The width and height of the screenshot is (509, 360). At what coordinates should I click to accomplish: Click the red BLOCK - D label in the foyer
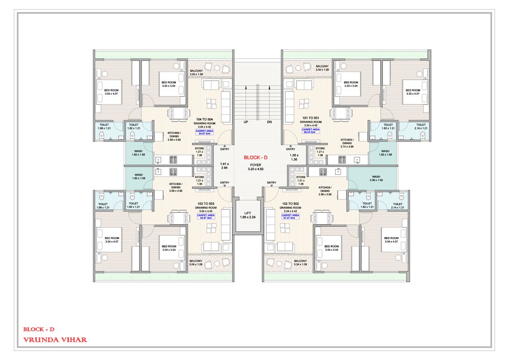[255, 157]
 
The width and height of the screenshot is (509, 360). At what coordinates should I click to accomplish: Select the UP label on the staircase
[245, 122]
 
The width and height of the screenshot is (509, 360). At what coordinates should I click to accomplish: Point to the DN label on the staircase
[269, 122]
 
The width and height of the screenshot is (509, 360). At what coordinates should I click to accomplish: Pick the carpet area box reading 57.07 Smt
[288, 217]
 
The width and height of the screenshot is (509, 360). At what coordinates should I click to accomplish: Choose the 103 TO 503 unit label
[206, 204]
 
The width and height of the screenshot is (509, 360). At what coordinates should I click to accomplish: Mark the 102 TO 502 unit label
[288, 204]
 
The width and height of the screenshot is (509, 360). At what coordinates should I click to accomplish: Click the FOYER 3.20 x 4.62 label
[255, 167]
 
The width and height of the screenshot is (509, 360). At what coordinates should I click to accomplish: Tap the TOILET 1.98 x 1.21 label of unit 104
[104, 127]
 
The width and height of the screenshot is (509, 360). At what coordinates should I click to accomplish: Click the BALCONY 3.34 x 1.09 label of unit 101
[322, 68]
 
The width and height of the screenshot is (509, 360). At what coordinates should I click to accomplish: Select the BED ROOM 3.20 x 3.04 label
[351, 84]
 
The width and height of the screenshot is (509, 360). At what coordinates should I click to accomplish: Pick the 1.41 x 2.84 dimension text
[224, 165]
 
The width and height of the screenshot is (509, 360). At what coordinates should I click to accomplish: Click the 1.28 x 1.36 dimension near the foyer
[294, 157]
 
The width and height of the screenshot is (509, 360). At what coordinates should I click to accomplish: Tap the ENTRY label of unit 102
[271, 182]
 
